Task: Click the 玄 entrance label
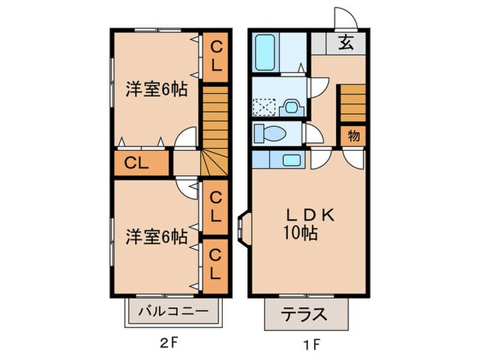pyautogui.click(x=347, y=43)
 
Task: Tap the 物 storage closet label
pyautogui.click(x=354, y=135)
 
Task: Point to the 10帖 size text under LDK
pyautogui.click(x=300, y=233)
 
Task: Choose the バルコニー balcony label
pyautogui.click(x=174, y=311)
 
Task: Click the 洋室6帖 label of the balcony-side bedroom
pyautogui.click(x=156, y=237)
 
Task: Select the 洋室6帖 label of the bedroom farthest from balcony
pyautogui.click(x=156, y=90)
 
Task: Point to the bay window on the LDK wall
pyautogui.click(x=244, y=226)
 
